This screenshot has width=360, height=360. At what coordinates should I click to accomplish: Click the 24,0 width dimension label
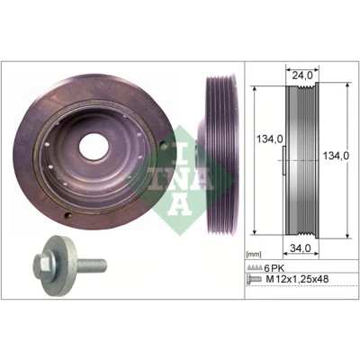click(x=302, y=76)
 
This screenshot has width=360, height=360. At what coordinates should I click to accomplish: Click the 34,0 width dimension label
click(x=300, y=247)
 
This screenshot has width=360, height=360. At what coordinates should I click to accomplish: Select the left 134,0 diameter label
click(x=270, y=139)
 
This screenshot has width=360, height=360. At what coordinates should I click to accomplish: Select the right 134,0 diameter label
click(x=336, y=156)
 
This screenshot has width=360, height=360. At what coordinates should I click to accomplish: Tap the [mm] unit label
click(x=253, y=255)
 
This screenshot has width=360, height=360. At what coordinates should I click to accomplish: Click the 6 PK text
click(x=274, y=268)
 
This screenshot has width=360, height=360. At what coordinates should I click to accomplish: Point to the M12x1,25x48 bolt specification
click(x=297, y=279)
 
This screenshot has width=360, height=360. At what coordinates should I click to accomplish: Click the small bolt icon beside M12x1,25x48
click(x=254, y=279)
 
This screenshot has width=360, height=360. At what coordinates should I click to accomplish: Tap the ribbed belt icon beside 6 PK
click(x=254, y=267)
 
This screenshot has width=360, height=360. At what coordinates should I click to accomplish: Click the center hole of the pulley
click(x=94, y=147)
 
